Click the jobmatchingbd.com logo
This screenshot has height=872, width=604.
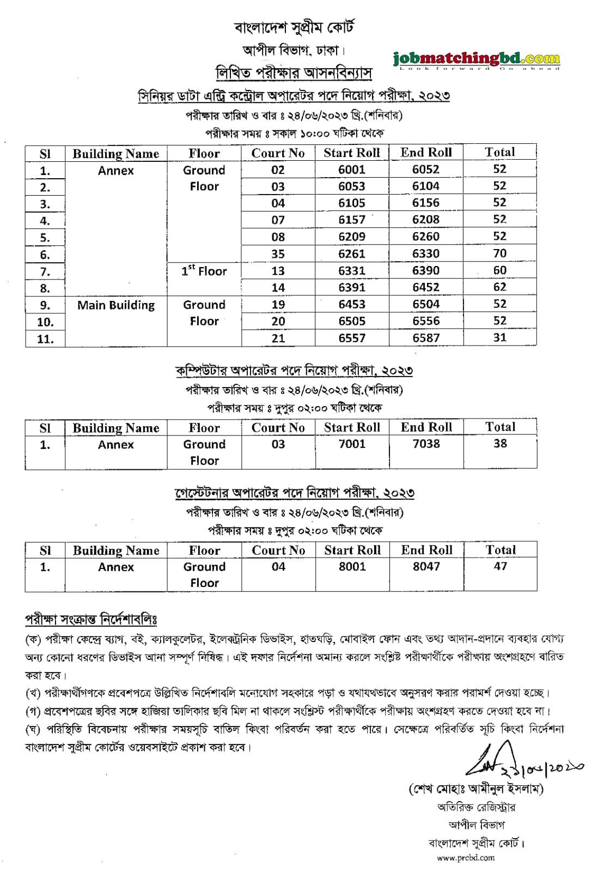[476, 59]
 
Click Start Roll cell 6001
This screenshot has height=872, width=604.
[352, 169]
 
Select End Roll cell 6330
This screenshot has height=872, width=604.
[426, 253]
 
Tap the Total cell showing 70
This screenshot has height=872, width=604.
[499, 253]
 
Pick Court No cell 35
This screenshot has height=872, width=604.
[278, 253]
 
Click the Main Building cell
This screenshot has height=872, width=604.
[116, 305]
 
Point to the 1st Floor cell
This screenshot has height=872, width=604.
[204, 271]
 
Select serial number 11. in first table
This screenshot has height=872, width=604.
[45, 338]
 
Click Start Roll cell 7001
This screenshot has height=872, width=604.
[352, 444]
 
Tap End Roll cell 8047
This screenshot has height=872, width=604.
[426, 567]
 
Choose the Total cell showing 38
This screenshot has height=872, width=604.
[500, 444]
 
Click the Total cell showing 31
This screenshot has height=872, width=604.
[499, 338]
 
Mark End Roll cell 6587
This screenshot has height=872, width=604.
[426, 338]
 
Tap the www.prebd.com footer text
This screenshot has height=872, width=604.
[465, 858]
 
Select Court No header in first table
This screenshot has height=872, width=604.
[278, 153]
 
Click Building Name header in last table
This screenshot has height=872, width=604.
[116, 550]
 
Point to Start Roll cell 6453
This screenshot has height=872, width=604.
[352, 305]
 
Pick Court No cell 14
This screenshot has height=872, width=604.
[278, 288]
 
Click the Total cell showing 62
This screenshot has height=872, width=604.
[499, 287]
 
